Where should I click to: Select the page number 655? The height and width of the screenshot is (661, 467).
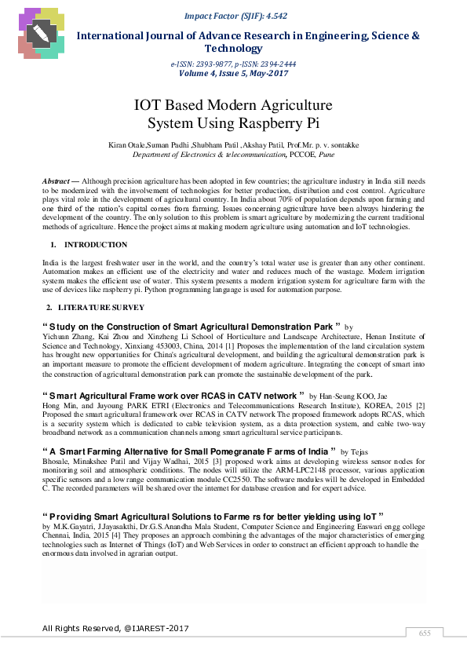[x=425, y=633]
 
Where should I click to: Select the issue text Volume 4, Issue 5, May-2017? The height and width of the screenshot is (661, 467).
[x=234, y=73]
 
